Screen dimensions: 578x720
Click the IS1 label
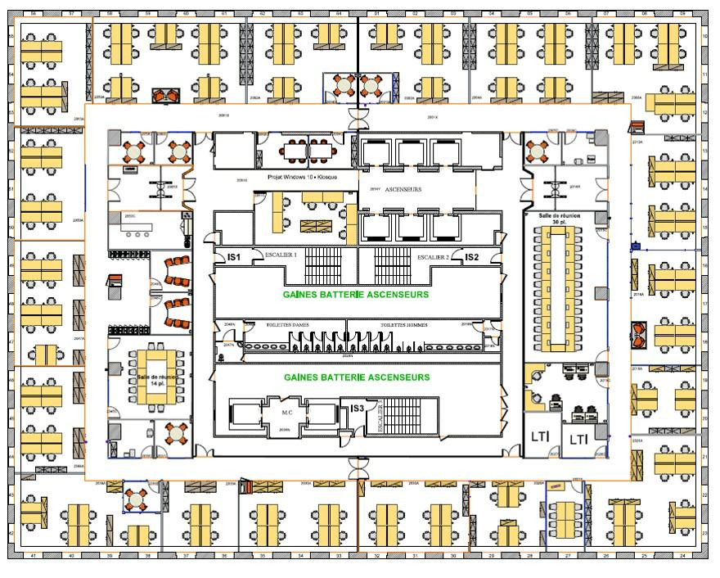pos(234,258)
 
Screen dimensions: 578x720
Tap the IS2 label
pos(472,257)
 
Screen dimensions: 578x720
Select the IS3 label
pos(357,408)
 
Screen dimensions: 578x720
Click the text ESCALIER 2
pos(433,256)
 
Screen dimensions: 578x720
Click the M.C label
pos(287,412)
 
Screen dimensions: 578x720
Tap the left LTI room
pos(541,439)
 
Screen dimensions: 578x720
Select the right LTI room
pos(578,439)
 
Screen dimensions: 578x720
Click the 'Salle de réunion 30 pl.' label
pos(560,218)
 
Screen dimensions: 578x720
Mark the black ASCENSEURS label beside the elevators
pos(403,189)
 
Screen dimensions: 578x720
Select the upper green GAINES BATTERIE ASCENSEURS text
pos(356,294)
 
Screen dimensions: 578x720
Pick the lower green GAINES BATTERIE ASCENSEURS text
pos(356,377)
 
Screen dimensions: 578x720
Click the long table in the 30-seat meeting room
pos(562,286)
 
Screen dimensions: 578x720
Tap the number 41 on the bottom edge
pos(34,556)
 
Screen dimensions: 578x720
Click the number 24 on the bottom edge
pos(682,556)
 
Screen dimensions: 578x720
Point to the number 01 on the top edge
pos(377,14)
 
